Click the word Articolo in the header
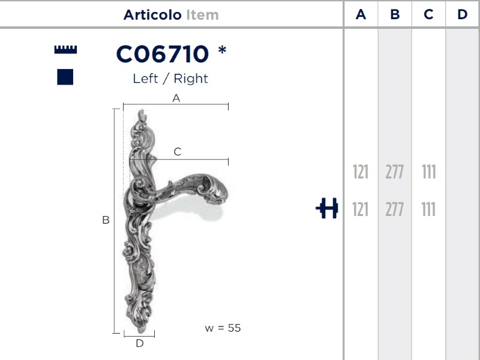152,14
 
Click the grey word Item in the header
202,14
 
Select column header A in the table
361,14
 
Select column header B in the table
395,14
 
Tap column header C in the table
428,14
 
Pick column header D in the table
462,14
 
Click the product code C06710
163,54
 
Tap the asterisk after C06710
222,50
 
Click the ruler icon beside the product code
65,50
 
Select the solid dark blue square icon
65,77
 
